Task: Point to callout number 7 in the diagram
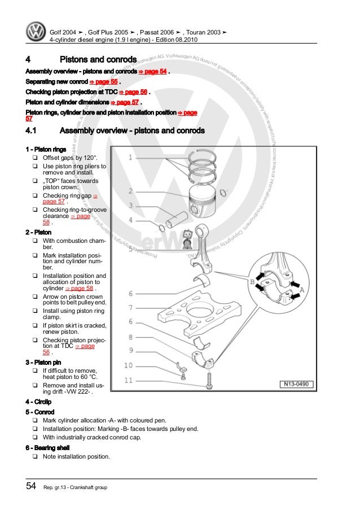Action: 130,307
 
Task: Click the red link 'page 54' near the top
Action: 156,72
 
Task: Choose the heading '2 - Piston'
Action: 39,232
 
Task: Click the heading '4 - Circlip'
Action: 39,402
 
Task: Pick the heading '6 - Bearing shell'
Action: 47,447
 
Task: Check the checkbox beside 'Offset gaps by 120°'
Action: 35,158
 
